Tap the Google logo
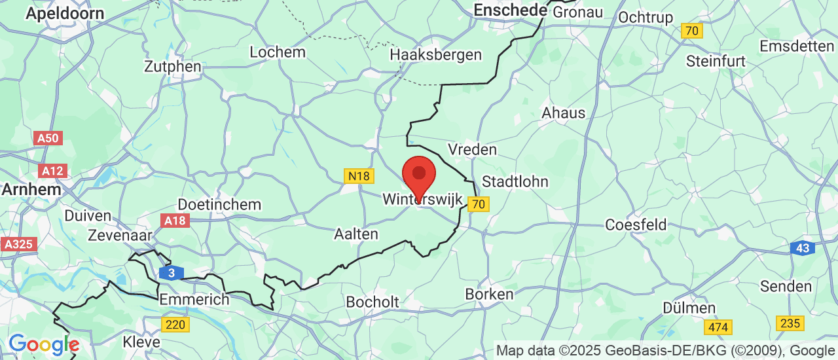pyautogui.click(x=43, y=344)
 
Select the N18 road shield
pyautogui.click(x=358, y=176)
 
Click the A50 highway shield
pyautogui.click(x=48, y=138)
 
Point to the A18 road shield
pyautogui.click(x=175, y=221)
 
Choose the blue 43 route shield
pyautogui.click(x=802, y=249)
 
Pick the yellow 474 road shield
pyautogui.click(x=718, y=326)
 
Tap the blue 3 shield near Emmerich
pyautogui.click(x=171, y=272)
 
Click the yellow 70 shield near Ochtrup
pyautogui.click(x=691, y=31)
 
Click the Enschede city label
pyautogui.click(x=510, y=10)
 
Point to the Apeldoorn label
pyautogui.click(x=65, y=13)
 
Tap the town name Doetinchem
pyautogui.click(x=219, y=204)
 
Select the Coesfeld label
pyautogui.click(x=636, y=225)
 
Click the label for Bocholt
pyautogui.click(x=373, y=302)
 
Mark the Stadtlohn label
pyautogui.click(x=515, y=181)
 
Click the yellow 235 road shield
pyautogui.click(x=790, y=323)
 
